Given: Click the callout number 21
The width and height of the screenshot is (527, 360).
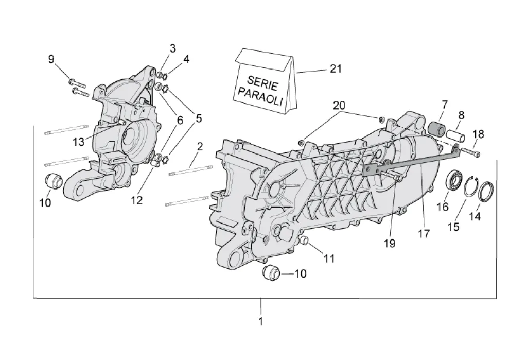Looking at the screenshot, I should (x=336, y=69).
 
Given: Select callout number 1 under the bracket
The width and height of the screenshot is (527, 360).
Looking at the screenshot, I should (x=261, y=322).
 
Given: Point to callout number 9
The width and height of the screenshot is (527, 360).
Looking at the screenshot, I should (x=51, y=59).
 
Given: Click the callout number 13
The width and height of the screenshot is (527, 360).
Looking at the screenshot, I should (x=79, y=142).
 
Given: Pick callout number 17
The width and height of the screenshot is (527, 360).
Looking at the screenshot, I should (x=423, y=233).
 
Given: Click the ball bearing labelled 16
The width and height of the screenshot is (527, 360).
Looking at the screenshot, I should (x=453, y=179).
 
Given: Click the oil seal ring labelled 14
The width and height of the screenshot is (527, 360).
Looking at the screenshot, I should (x=487, y=192).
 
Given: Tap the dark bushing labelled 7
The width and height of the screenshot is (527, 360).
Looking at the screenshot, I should (x=436, y=127).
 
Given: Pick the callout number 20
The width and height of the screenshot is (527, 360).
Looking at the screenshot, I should (x=338, y=105).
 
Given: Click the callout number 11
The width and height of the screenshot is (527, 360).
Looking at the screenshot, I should (x=329, y=259).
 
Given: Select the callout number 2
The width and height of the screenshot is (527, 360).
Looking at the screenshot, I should (x=200, y=146).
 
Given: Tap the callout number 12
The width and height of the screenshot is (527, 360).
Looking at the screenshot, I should (x=136, y=200).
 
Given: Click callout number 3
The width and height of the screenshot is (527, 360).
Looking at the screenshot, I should (x=173, y=48).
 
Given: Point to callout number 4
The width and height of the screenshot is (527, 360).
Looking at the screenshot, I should (x=186, y=59).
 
